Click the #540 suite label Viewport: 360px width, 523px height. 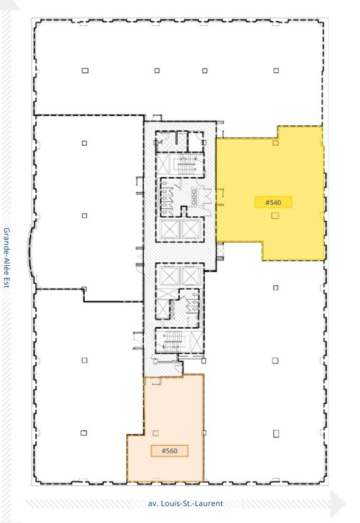273,202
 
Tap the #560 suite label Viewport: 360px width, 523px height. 169,451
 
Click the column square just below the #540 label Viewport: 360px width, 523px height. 275,216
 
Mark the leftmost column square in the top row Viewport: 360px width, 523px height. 84,70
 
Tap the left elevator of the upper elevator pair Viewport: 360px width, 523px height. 170,229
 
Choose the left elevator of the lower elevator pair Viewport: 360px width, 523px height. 170,275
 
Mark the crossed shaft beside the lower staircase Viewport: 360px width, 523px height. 197,342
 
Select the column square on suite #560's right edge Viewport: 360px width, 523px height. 203,433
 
